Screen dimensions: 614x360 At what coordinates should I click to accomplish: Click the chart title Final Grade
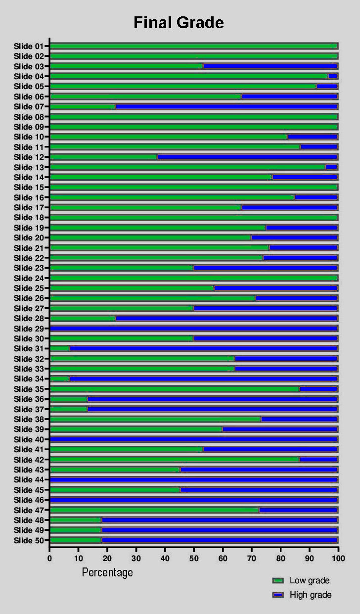tap(179, 23)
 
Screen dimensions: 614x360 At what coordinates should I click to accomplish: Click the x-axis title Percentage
tap(107, 572)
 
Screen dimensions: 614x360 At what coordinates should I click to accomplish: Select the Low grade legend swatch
tap(278, 580)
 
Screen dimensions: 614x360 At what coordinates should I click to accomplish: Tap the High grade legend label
tap(311, 595)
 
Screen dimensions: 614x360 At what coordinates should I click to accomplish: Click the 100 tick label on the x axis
tap(338, 558)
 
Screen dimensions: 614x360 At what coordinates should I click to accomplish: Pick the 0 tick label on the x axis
tap(49, 558)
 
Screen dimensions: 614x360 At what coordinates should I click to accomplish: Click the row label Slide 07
tap(29, 106)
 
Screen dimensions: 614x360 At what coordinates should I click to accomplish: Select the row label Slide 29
tap(29, 329)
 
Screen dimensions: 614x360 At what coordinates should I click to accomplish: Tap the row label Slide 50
tap(29, 540)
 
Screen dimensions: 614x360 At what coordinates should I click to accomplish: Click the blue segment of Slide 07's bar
tap(226, 106)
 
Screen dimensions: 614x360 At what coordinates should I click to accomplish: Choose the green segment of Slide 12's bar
tap(103, 157)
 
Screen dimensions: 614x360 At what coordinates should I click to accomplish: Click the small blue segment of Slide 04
tap(332, 76)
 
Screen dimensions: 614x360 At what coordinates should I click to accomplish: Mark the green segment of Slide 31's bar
tap(60, 349)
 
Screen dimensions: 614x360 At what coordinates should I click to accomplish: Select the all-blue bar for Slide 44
tap(193, 480)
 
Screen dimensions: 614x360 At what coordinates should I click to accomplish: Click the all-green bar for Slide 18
tap(193, 217)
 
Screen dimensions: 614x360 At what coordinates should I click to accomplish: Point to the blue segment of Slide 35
tap(318, 389)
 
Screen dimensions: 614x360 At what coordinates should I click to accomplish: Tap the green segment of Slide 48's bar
tap(76, 520)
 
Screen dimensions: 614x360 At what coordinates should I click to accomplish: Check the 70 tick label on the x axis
tap(252, 558)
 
